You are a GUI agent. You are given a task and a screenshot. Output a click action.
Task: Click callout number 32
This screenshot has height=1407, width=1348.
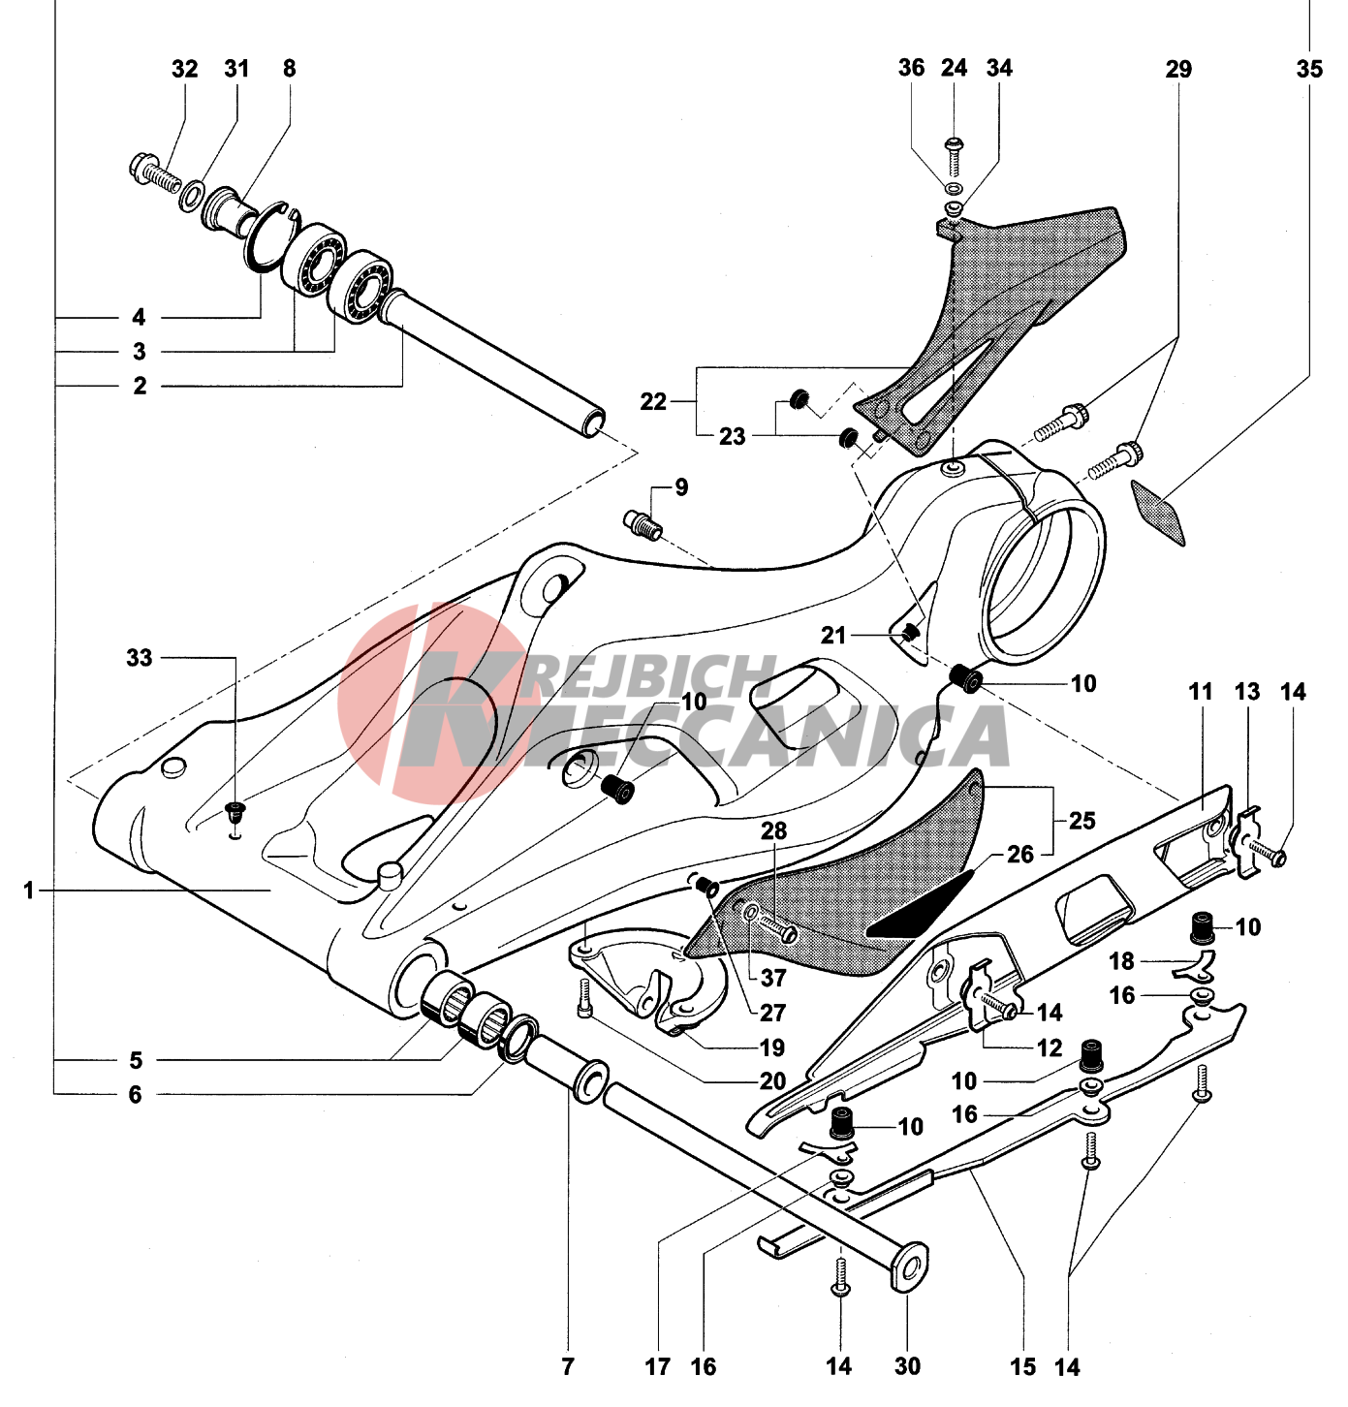184,69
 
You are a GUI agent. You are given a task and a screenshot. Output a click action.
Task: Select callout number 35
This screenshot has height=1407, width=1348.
1308,69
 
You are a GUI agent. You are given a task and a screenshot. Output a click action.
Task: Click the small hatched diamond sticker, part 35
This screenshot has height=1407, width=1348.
1160,513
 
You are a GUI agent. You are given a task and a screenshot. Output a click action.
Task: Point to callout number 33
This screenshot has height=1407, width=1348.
140,658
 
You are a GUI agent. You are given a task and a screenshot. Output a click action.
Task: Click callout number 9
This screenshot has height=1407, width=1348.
681,486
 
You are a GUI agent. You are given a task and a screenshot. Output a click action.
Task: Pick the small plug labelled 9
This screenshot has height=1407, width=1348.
642,523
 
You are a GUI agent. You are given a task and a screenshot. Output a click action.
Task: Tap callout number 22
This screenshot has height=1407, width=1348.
653,401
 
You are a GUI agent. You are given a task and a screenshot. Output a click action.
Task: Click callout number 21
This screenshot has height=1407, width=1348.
833,635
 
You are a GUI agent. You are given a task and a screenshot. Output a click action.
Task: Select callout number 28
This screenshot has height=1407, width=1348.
773,830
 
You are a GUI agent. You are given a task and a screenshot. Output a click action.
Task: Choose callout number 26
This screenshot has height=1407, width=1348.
1020,854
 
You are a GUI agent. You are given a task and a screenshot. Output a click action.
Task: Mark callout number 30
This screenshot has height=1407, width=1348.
907,1366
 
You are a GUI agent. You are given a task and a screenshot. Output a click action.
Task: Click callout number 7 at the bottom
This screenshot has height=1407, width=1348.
568,1366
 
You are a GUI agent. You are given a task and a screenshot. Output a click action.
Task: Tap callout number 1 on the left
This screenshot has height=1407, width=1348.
29,890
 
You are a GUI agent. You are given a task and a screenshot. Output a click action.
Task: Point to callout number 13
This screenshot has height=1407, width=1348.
1246,692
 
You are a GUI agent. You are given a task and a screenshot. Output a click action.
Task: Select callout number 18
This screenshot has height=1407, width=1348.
1121,961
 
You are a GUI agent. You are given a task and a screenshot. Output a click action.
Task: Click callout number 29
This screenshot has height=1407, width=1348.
1178,69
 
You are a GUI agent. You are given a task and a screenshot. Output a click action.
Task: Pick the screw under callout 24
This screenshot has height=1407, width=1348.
955,155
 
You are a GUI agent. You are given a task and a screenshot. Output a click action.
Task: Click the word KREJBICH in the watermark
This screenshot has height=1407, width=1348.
640,678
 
